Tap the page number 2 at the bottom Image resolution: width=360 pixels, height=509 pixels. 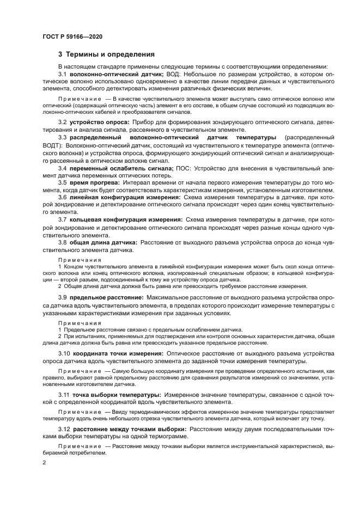(45, 463)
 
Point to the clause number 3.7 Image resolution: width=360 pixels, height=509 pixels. (63, 220)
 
